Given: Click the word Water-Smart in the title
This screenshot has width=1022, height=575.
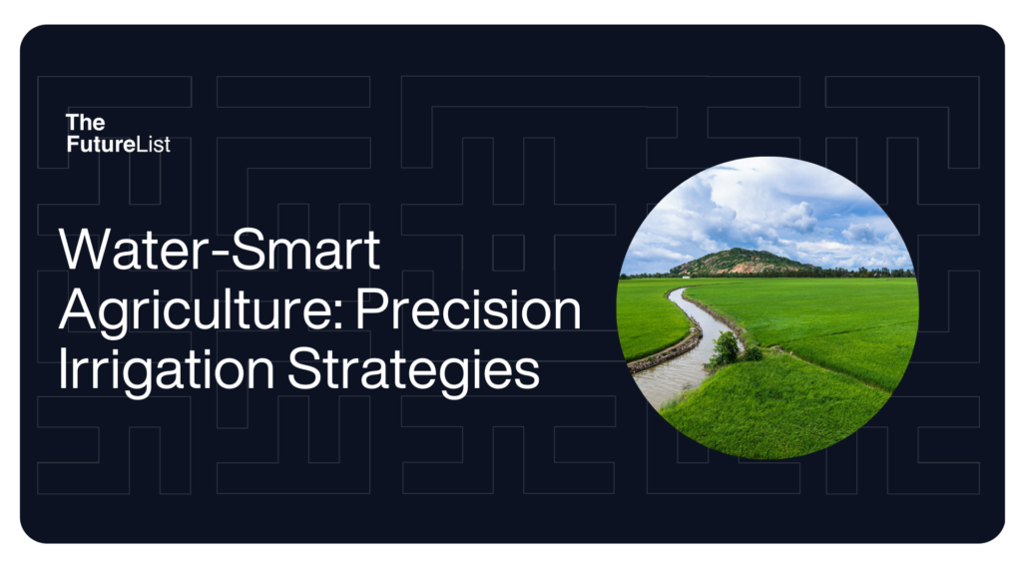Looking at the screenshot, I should tap(220, 251).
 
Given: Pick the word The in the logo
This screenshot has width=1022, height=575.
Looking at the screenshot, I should tap(85, 122).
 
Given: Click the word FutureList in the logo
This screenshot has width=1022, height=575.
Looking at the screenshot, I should tap(118, 145).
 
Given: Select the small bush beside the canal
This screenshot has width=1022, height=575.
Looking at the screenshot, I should tap(726, 347).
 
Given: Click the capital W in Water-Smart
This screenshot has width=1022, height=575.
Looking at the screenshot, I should tap(85, 251).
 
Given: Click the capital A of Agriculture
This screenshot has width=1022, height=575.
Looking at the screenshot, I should tap(78, 310).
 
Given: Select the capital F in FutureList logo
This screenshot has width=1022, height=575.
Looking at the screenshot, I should tap(72, 145).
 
